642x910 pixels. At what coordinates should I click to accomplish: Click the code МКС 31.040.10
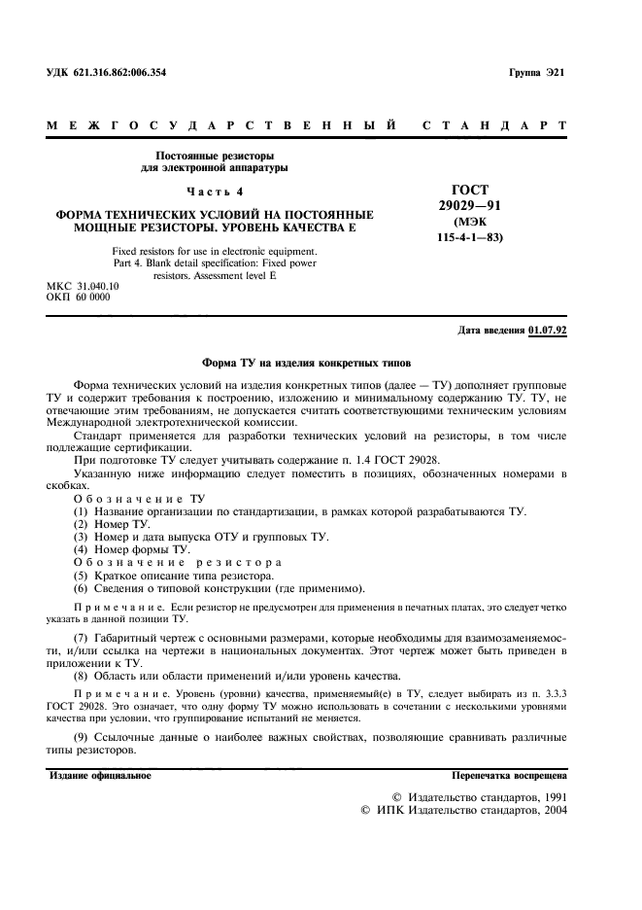pos(83,287)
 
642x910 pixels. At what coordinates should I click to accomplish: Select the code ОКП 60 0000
pos(79,297)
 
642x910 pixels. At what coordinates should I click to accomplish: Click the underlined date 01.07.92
pos(548,331)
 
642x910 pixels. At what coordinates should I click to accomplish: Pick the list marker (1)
pos(82,511)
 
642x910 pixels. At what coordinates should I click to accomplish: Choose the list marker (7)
pos(82,637)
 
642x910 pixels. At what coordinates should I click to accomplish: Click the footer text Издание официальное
pos(100,776)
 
